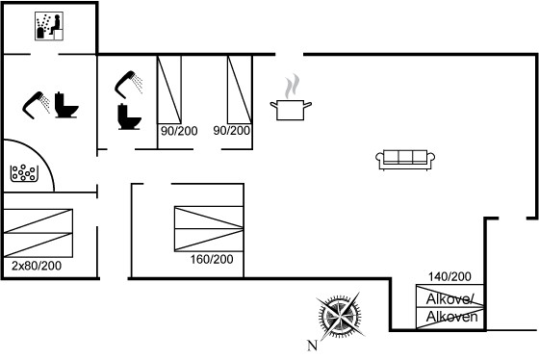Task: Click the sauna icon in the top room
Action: tap(49, 26)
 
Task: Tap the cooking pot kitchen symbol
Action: tap(291, 110)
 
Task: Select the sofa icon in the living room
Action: tap(405, 160)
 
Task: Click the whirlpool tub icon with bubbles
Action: tap(24, 173)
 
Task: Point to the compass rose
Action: tap(340, 316)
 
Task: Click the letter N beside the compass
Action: tap(312, 346)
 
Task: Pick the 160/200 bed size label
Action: tap(212, 259)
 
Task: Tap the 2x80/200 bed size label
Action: tap(37, 266)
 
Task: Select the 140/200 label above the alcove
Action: tap(449, 276)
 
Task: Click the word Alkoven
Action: tap(451, 317)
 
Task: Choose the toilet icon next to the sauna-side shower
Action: tap(66, 105)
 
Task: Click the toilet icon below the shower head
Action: tap(129, 116)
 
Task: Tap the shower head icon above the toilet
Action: tap(129, 85)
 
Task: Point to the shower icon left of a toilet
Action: tap(37, 105)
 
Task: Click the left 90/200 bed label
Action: tap(179, 131)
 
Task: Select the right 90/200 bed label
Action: tap(231, 131)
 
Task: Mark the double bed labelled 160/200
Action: tap(209, 229)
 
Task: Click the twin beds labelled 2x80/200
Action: tap(38, 233)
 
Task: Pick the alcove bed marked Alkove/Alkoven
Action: tap(450, 307)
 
